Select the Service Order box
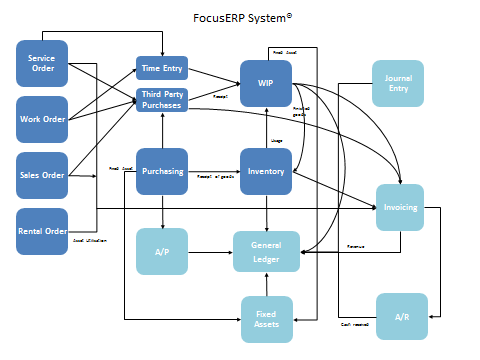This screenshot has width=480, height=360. (x=42, y=63)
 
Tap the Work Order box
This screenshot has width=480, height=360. (x=42, y=120)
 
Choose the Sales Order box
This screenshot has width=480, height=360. (x=42, y=176)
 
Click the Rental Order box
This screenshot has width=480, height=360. (x=42, y=232)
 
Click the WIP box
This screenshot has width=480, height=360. (x=266, y=83)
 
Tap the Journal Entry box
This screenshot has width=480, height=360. (x=398, y=83)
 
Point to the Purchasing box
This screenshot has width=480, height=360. (x=162, y=171)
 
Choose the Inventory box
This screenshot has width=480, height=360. (x=266, y=171)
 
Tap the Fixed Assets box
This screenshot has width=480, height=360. (x=266, y=319)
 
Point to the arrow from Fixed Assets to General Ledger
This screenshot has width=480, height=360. (x=266, y=286)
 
